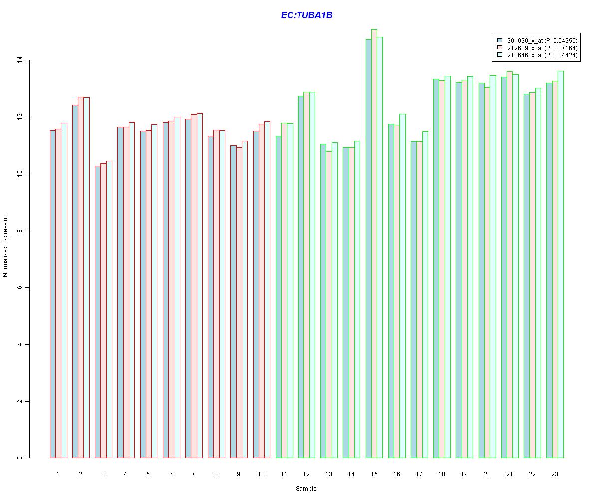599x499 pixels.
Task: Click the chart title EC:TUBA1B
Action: pyautogui.click(x=306, y=15)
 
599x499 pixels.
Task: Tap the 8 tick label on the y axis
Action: pyautogui.click(x=20, y=231)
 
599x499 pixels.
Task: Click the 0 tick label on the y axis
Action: pyautogui.click(x=20, y=458)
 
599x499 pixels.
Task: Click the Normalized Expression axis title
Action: pyautogui.click(x=5, y=246)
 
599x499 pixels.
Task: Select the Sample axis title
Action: pyautogui.click(x=306, y=489)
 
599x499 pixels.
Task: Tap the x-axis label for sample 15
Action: pyautogui.click(x=374, y=474)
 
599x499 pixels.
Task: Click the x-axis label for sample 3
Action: pyautogui.click(x=103, y=474)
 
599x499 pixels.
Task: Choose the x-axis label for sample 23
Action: pyautogui.click(x=555, y=474)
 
